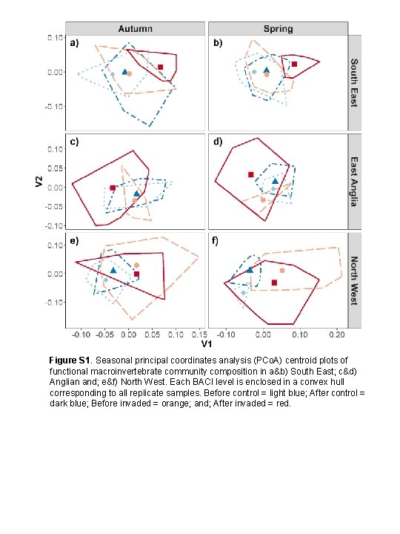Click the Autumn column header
tap(135, 29)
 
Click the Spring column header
tap(278, 29)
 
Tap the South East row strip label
tap(354, 82)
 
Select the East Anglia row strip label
tap(354, 181)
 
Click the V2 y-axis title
tap(41, 181)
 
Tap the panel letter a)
tap(75, 43)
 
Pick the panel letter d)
tap(218, 141)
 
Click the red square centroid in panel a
tap(161, 67)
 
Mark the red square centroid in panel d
tap(250, 175)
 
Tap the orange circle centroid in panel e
tap(137, 265)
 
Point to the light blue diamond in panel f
tap(243, 293)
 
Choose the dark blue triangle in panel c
tap(136, 194)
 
